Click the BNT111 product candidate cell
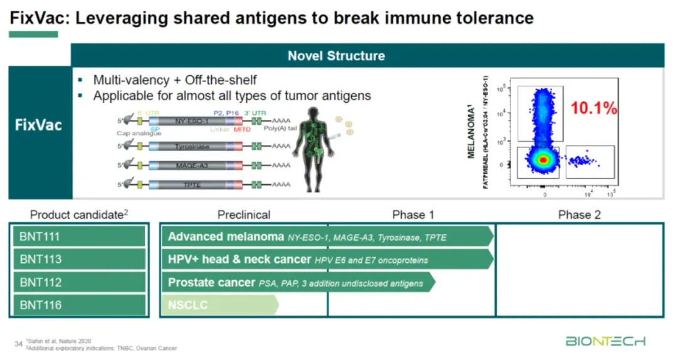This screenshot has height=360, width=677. coord(79,236)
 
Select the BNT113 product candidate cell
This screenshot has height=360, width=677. coord(79,259)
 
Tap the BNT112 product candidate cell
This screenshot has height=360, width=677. coord(79,282)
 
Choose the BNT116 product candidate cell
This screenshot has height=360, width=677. coord(79,305)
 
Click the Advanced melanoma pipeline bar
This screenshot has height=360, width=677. coord(326,236)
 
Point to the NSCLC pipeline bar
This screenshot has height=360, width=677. coord(219,305)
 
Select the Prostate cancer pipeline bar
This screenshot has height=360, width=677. coord(298,282)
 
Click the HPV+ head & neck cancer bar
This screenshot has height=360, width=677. coord(326,259)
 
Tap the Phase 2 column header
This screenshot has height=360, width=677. coord(579,214)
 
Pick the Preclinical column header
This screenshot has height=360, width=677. coord(244,214)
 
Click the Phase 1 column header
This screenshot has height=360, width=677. coord(413,214)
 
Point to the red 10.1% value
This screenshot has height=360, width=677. coord(594,108)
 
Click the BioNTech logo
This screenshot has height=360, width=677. coord(605,341)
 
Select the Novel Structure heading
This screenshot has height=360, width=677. coord(336,55)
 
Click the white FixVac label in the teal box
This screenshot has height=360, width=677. coord(39,124)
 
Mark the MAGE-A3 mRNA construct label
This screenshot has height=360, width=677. coord(192,166)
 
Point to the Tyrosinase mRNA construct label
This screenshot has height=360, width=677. coord(192,146)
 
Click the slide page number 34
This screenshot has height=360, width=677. coord(18,344)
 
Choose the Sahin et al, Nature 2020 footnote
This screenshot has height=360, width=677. coord(59,341)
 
